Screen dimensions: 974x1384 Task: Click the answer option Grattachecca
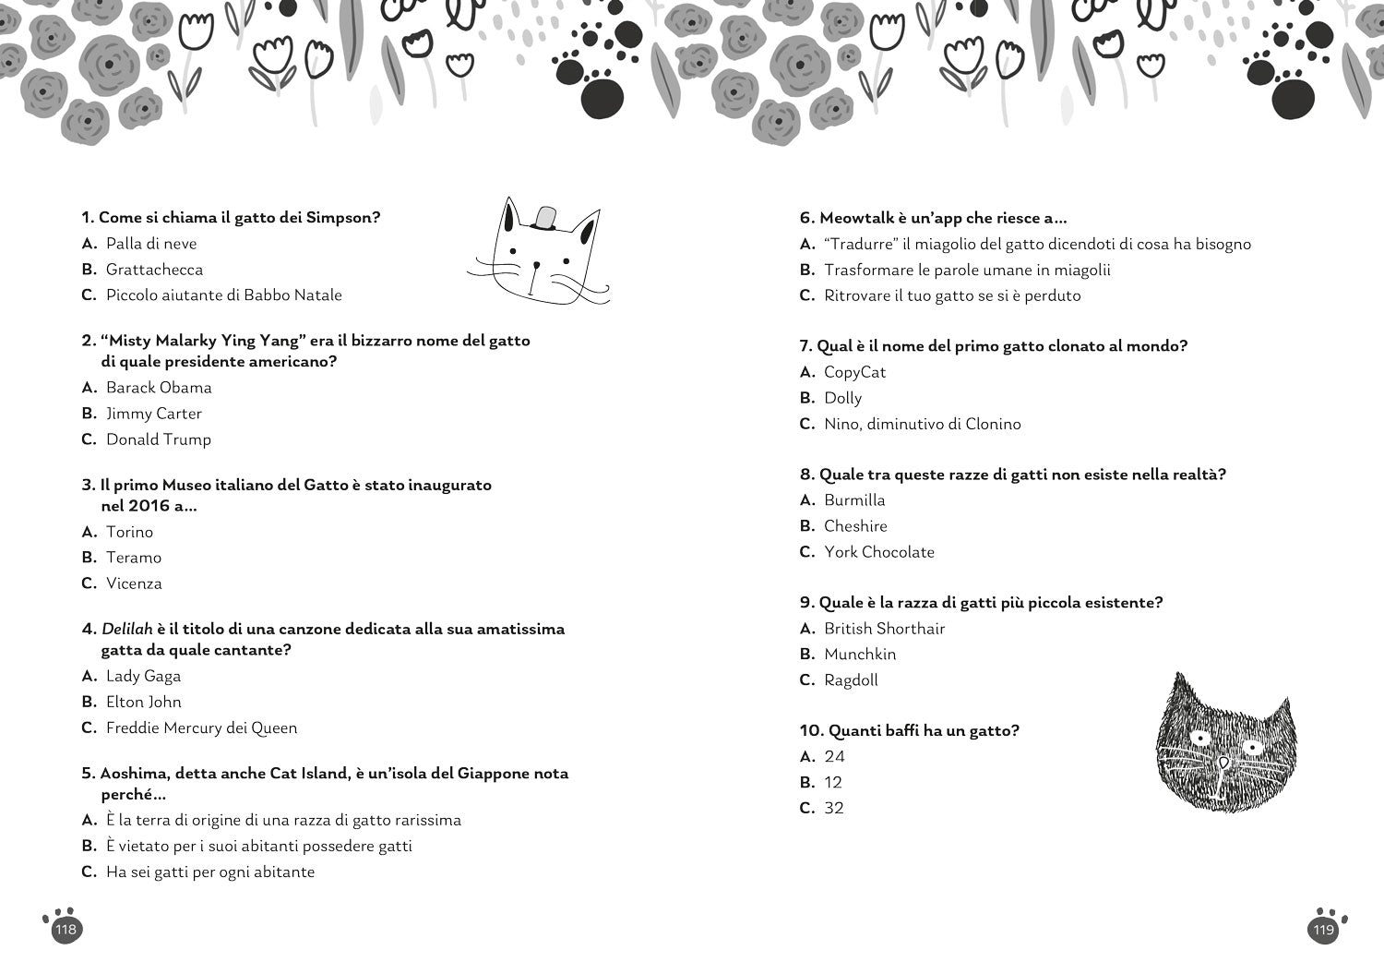154,270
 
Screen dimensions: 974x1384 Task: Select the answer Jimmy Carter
153,414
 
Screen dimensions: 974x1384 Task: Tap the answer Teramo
134,558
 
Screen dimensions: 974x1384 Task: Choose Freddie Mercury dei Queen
201,727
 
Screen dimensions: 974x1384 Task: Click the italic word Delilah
125,629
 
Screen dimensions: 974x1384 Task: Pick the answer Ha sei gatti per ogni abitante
210,872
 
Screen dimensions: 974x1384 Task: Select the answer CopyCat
854,372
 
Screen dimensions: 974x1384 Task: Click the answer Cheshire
855,526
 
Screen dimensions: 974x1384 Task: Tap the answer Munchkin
860,655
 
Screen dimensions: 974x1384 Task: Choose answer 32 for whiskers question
834,808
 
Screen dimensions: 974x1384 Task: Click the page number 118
66,930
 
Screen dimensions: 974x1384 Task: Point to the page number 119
1324,930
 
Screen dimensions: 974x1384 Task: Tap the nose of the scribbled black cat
1223,763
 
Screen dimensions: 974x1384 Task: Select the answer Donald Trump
159,439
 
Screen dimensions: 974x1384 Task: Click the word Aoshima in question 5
131,774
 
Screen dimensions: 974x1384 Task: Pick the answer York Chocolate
879,552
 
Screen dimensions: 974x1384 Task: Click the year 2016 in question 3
149,506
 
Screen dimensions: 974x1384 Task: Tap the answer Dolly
842,398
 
